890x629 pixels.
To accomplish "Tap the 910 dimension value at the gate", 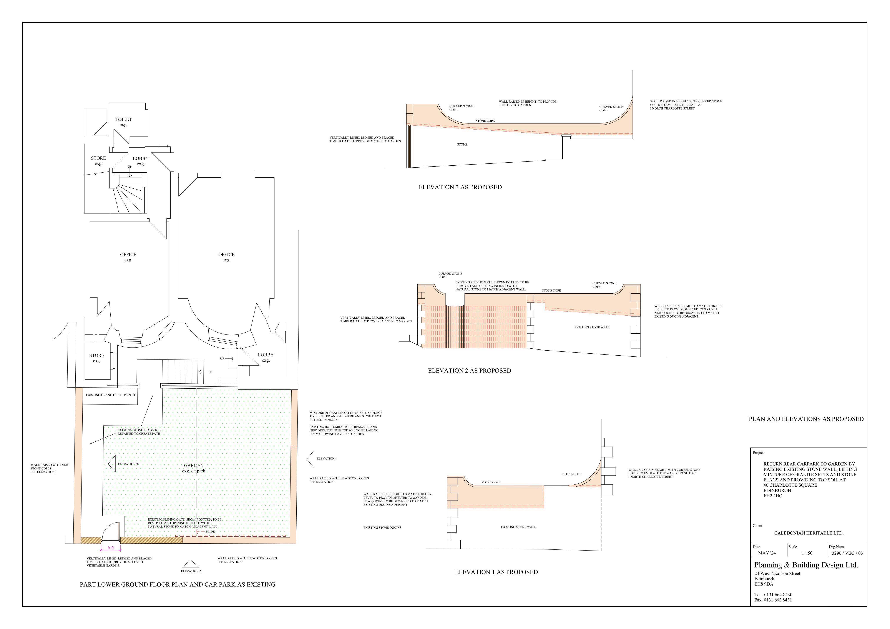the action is point(111,548).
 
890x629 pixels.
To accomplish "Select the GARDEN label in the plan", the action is point(194,465).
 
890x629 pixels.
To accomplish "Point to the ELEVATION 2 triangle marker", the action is point(190,564).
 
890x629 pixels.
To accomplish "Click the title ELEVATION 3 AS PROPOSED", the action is point(460,187).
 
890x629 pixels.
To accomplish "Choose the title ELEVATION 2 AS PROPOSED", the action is point(469,371).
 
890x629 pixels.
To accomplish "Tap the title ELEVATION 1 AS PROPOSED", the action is point(496,572).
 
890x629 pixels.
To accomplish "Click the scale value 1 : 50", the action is point(807,553).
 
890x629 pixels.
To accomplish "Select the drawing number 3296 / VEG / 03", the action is point(847,553).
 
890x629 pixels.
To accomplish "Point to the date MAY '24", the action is point(767,553).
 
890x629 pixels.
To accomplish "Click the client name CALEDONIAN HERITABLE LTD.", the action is point(809,533).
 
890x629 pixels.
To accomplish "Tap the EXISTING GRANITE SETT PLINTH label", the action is point(110,395).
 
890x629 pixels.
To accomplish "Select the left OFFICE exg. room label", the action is point(128,257).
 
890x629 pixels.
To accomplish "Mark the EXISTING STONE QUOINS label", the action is point(382,528).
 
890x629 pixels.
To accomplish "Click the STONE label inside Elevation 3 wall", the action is point(462,145).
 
